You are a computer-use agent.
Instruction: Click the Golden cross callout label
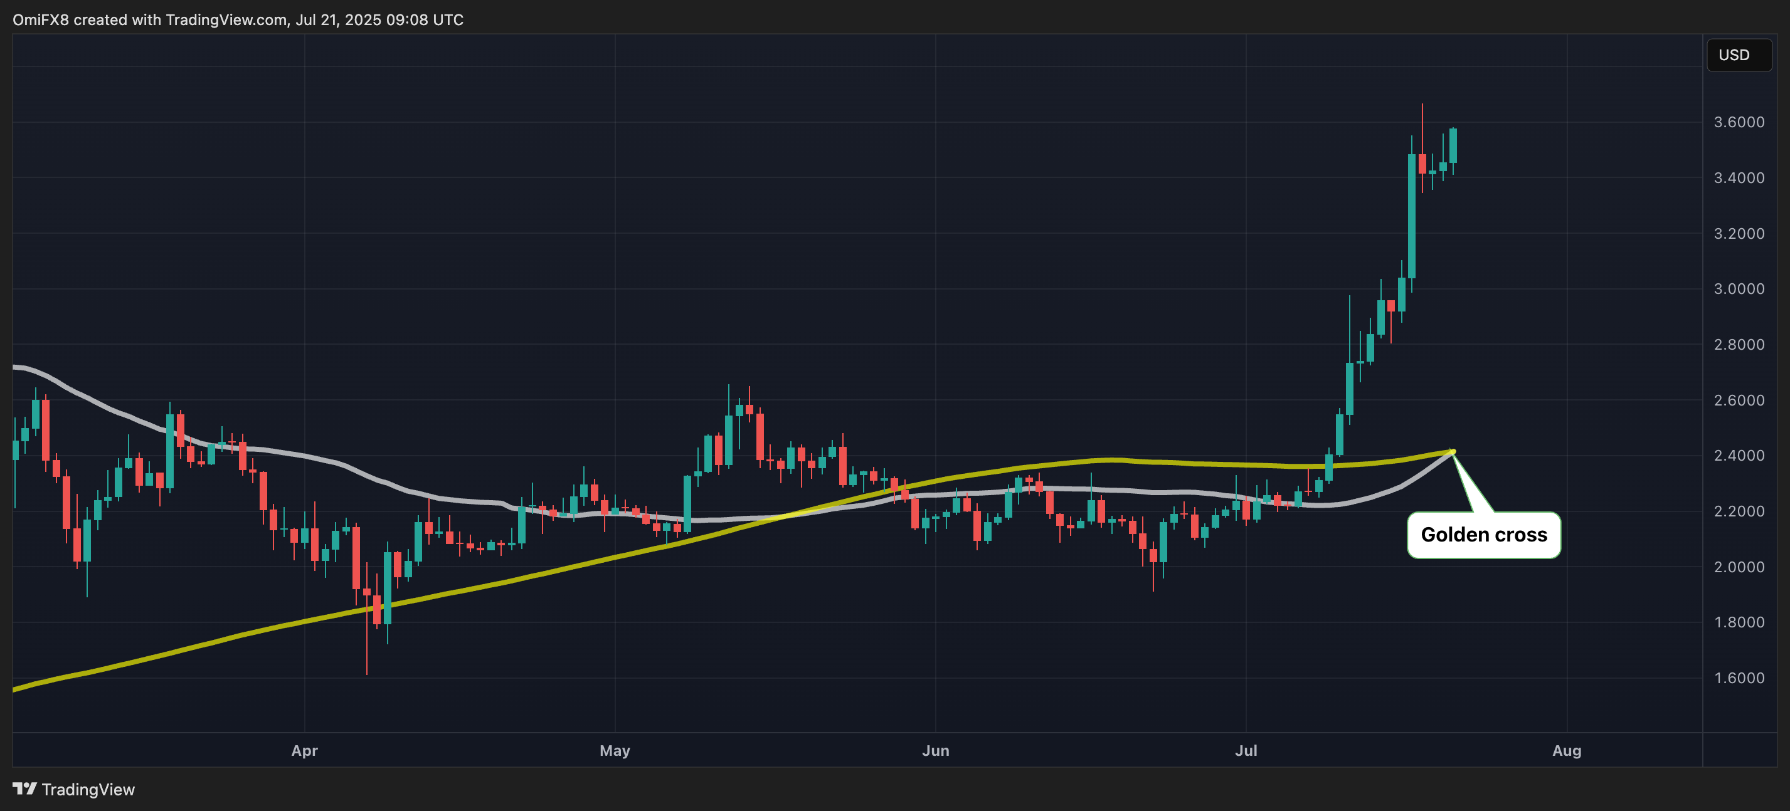tap(1483, 535)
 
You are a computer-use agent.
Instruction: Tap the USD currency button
tap(1734, 55)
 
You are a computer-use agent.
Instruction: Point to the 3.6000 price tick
tap(1739, 122)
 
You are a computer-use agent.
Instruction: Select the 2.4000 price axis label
tap(1739, 456)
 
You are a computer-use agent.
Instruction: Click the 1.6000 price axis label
tap(1739, 678)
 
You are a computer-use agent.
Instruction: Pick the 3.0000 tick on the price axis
tap(1739, 289)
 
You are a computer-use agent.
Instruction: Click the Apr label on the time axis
tap(304, 751)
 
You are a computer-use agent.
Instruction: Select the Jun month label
tap(935, 751)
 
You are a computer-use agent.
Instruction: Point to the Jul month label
tap(1246, 751)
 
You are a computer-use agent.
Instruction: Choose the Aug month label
tap(1566, 751)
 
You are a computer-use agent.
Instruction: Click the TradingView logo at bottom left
tap(73, 790)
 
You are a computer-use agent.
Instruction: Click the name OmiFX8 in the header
tap(40, 19)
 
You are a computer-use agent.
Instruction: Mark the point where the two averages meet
tap(1453, 452)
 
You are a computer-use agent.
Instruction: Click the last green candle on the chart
tap(1453, 146)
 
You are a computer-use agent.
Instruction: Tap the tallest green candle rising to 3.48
tap(1411, 215)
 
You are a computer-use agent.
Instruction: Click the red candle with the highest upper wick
tap(1422, 164)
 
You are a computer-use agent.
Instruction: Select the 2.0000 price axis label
tap(1739, 567)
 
